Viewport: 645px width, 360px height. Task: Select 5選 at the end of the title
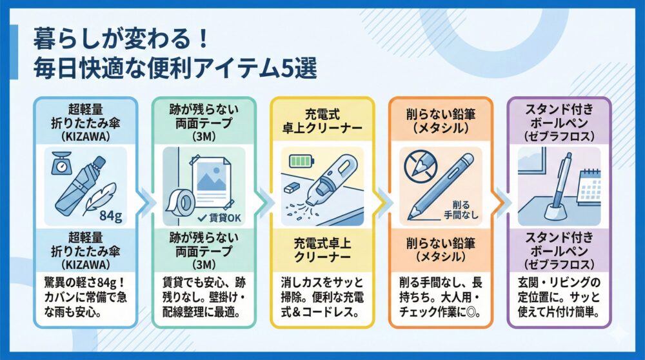297,70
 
